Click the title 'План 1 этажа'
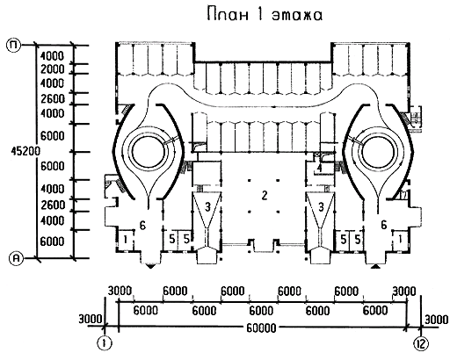point(265,15)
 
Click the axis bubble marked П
point(13,46)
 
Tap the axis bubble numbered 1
point(105,343)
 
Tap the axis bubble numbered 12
point(421,343)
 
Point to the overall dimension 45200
point(25,151)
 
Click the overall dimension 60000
point(261,328)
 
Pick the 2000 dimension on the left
point(52,69)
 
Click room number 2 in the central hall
point(265,195)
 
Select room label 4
point(320,168)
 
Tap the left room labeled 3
point(207,207)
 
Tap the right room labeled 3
point(321,207)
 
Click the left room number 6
point(142,225)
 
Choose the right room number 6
point(383,225)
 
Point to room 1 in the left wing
point(125,240)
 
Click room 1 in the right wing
point(400,239)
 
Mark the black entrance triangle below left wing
point(150,266)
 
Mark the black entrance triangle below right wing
point(376,266)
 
